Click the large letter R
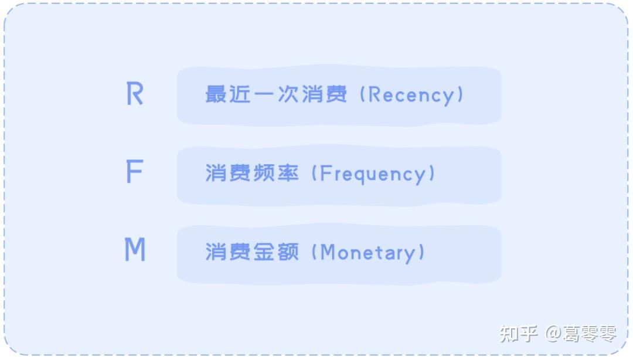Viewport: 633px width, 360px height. click(135, 94)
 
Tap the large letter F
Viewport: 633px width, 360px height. click(134, 172)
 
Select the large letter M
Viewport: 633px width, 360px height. click(135, 250)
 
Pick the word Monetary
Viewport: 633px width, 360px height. click(367, 252)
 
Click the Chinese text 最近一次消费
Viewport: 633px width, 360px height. click(276, 94)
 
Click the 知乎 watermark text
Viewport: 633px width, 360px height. click(519, 334)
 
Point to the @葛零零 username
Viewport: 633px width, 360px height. click(581, 334)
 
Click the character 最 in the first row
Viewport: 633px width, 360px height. click(216, 94)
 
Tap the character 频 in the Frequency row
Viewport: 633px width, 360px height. click(264, 173)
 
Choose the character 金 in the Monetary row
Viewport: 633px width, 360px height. click(264, 252)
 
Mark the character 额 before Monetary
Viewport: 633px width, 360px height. click(288, 252)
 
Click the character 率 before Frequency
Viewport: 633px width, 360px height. click(288, 173)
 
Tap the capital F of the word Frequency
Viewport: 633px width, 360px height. click(327, 174)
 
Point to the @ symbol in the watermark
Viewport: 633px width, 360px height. click(554, 334)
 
